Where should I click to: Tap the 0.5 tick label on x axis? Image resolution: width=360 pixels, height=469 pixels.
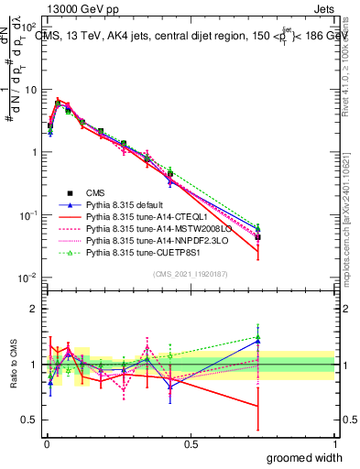[x=191, y=443]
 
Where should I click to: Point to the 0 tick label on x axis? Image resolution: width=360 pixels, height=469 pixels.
[x=46, y=443]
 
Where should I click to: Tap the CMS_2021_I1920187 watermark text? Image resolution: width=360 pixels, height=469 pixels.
[x=190, y=274]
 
